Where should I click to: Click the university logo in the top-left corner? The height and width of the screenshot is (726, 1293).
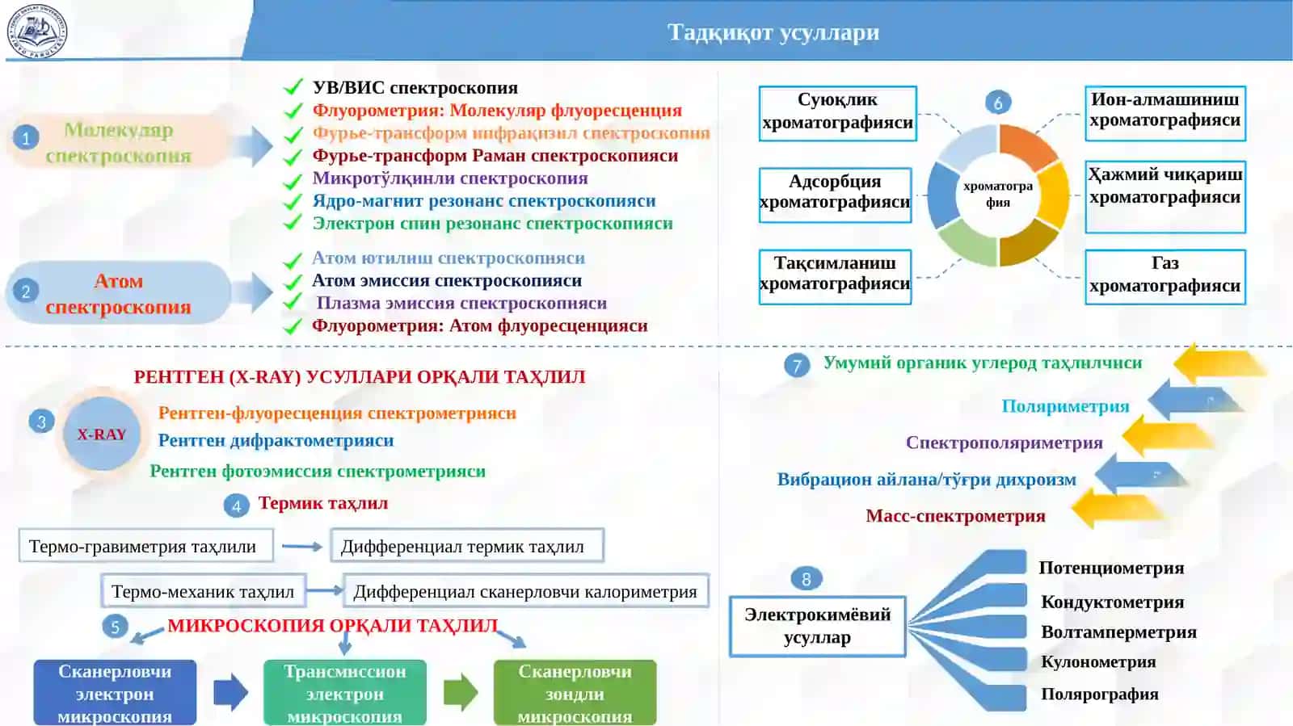37,31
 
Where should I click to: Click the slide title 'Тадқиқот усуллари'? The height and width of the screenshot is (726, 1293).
773,32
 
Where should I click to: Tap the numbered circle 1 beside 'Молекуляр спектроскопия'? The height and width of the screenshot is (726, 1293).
26,138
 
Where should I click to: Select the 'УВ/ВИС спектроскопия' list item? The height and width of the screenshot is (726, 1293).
415,88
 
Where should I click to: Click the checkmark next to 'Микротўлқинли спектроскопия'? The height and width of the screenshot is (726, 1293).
293,181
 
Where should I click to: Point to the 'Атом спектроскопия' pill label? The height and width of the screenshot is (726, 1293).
118,293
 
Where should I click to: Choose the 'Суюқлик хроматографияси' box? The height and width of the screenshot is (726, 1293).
837,114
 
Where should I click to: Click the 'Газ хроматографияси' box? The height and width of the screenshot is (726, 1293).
1165,277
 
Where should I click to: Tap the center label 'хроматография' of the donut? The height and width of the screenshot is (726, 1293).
998,195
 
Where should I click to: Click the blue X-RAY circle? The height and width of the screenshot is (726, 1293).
102,434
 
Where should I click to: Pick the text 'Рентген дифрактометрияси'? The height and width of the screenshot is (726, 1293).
276,441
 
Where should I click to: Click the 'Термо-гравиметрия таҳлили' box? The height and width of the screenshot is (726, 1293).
146,545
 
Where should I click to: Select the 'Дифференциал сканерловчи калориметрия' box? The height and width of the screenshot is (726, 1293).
526,591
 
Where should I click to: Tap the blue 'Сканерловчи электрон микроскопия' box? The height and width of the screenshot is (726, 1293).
115,693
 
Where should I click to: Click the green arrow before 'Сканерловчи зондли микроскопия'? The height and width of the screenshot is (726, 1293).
461,692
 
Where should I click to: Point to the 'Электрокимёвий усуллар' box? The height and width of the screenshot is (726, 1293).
817,626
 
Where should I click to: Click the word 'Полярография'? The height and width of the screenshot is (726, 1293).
1100,694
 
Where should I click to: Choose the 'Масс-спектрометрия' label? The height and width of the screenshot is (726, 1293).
956,515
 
